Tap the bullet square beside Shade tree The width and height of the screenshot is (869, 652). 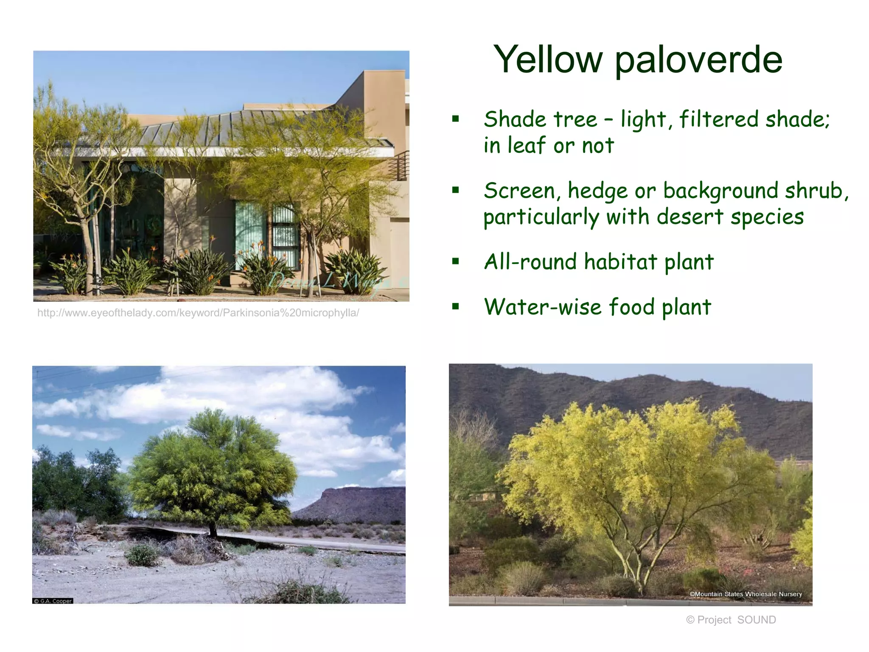pyautogui.click(x=455, y=119)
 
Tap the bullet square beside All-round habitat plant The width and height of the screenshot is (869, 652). pyautogui.click(x=455, y=261)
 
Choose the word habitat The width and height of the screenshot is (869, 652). pyautogui.click(x=620, y=261)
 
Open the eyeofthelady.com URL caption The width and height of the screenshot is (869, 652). pyautogui.click(x=198, y=313)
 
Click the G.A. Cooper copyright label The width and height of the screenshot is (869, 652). pyautogui.click(x=53, y=601)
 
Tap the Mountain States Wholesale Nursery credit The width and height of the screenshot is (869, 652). pyautogui.click(x=746, y=594)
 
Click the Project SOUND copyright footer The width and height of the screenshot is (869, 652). pyautogui.click(x=731, y=620)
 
